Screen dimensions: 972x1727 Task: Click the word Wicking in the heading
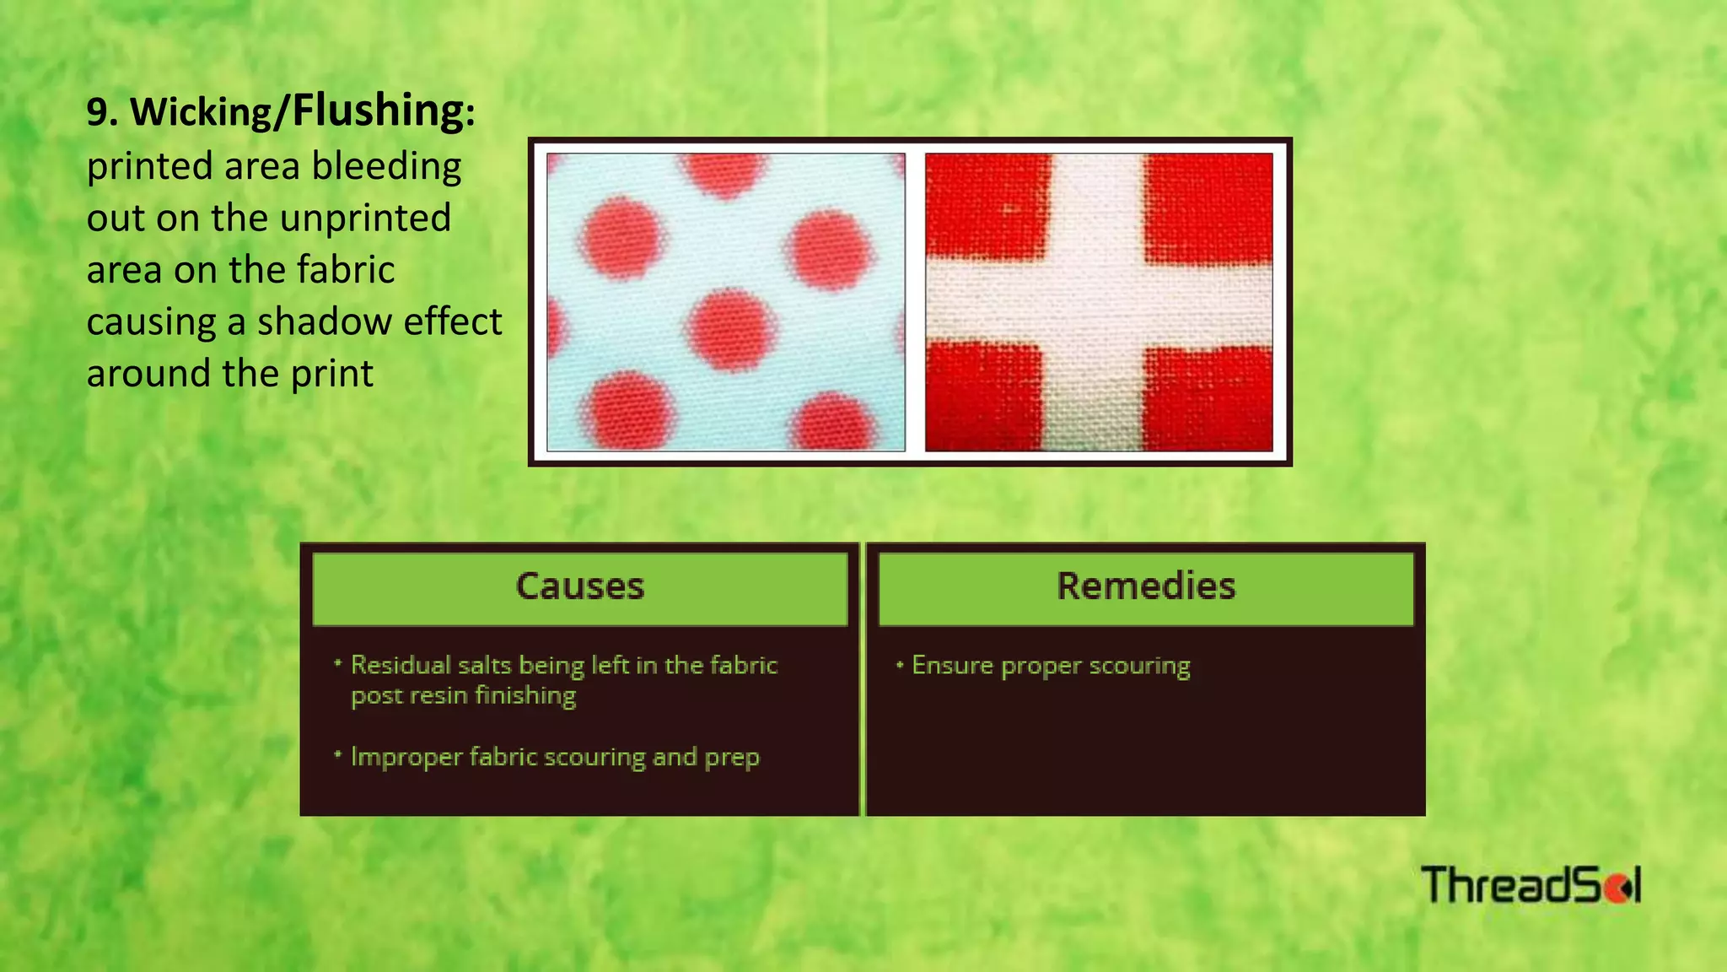pyautogui.click(x=202, y=112)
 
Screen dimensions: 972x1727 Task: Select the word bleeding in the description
pyautogui.click(x=386, y=166)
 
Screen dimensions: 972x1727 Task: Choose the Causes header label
pyautogui.click(x=580, y=586)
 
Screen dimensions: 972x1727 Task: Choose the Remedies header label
pyautogui.click(x=1146, y=586)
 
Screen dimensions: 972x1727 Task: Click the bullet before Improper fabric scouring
pyautogui.click(x=337, y=754)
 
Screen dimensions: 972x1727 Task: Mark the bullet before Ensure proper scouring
pyautogui.click(x=900, y=665)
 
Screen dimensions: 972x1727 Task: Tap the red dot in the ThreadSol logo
pyautogui.click(x=1617, y=888)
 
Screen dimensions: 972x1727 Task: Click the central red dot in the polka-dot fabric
pyautogui.click(x=729, y=329)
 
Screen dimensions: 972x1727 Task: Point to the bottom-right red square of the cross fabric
pyautogui.click(x=1208, y=397)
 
